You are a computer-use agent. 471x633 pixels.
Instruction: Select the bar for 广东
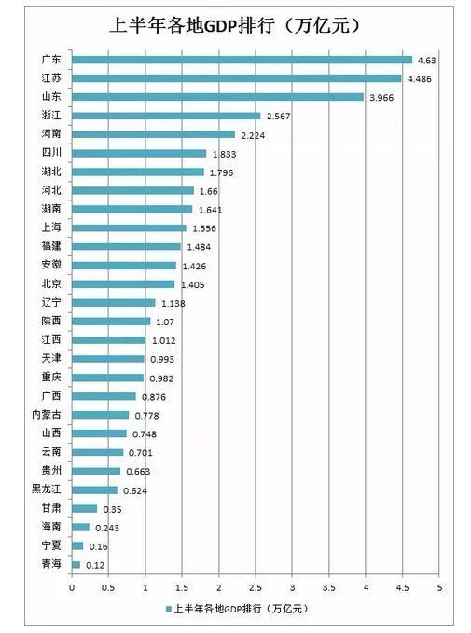click(242, 60)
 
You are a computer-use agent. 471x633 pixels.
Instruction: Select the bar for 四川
click(139, 153)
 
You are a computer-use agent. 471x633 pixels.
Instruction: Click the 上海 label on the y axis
click(51, 227)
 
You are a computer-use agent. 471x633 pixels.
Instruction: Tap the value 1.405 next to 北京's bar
click(192, 284)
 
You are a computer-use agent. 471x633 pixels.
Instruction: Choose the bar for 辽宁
click(113, 303)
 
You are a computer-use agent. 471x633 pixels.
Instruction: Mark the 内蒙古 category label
click(48, 415)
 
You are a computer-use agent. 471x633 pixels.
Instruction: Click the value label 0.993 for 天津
click(162, 359)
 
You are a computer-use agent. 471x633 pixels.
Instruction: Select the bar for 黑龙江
click(94, 489)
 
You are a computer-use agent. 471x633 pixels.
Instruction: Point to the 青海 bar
click(76, 564)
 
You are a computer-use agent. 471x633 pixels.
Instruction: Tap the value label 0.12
click(95, 565)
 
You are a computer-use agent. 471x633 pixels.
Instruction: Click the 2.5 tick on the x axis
click(255, 588)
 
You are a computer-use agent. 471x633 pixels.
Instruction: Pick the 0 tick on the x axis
click(72, 588)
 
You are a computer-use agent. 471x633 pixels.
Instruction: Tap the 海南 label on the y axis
click(51, 527)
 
